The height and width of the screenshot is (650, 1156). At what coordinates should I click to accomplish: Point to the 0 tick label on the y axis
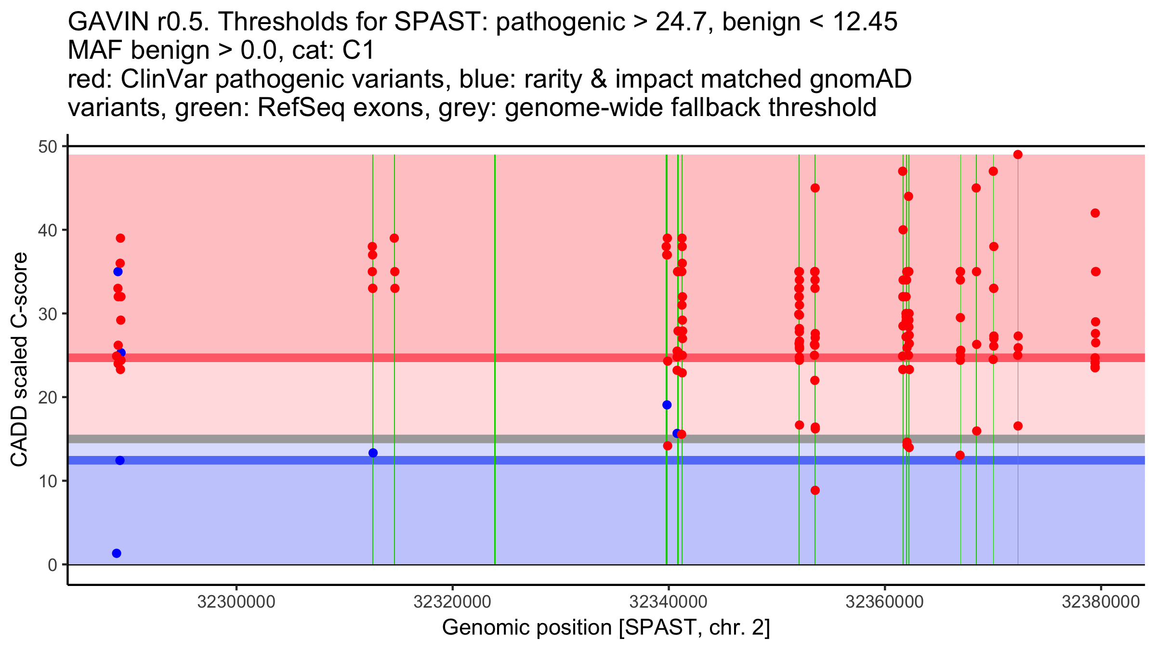point(52,565)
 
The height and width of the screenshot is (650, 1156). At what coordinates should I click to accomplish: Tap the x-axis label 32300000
point(236,602)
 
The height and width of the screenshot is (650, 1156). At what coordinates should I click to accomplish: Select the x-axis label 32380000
point(1101,602)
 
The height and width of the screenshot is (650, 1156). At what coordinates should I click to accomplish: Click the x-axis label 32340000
point(668,602)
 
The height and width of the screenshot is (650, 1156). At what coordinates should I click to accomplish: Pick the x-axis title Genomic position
point(606,628)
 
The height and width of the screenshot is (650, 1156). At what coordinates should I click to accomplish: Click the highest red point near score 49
point(1018,155)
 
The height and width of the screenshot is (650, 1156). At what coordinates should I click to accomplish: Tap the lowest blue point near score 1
point(117,553)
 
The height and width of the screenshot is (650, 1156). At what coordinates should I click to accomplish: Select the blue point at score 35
point(118,272)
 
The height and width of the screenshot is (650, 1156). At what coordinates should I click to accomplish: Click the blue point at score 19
point(667,405)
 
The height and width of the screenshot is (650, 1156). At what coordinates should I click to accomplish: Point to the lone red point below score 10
point(815,491)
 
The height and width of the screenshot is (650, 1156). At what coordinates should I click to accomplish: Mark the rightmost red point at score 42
point(1095,213)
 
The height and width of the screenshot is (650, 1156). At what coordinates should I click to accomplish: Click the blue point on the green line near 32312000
point(373,453)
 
